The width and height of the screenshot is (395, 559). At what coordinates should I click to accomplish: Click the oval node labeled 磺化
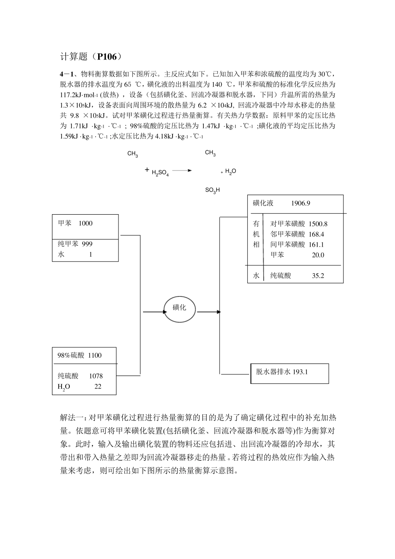(x=180, y=309)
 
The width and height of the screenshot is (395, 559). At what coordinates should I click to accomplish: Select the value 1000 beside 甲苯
(x=85, y=223)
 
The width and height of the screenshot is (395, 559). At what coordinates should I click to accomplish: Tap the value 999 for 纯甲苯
(x=87, y=244)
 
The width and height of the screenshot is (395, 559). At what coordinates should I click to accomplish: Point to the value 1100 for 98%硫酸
(x=94, y=355)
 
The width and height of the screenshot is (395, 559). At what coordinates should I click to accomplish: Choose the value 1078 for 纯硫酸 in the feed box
(x=96, y=376)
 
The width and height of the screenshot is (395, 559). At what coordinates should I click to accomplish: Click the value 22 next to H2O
(x=98, y=386)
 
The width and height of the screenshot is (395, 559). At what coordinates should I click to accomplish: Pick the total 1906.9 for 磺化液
(x=300, y=203)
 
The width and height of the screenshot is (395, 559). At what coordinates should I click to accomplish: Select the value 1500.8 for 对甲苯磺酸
(x=318, y=224)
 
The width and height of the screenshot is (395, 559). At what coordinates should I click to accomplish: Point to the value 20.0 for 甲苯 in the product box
(x=318, y=255)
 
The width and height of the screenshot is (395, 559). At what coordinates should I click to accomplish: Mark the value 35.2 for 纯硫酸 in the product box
(x=318, y=275)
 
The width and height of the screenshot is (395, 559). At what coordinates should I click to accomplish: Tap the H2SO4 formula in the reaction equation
(x=160, y=172)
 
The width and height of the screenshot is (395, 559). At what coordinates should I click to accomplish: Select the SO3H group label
(x=212, y=190)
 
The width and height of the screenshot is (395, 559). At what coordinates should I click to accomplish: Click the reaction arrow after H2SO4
(x=182, y=170)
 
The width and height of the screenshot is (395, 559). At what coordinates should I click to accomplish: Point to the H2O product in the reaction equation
(x=231, y=171)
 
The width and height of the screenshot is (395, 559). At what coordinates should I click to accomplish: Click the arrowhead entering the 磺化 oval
(x=161, y=312)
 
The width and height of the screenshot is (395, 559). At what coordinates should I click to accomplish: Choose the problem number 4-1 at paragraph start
(x=67, y=74)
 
